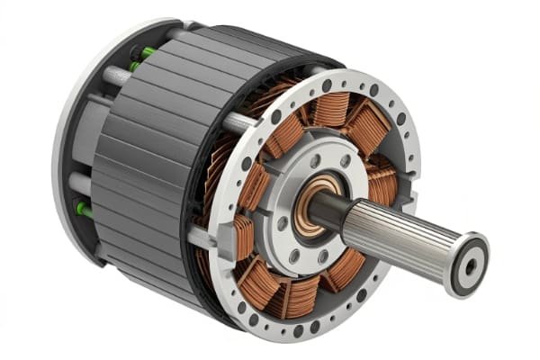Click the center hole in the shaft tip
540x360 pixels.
pyautogui.click(x=469, y=265)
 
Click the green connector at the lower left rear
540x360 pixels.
pyautogui.click(x=83, y=210)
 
